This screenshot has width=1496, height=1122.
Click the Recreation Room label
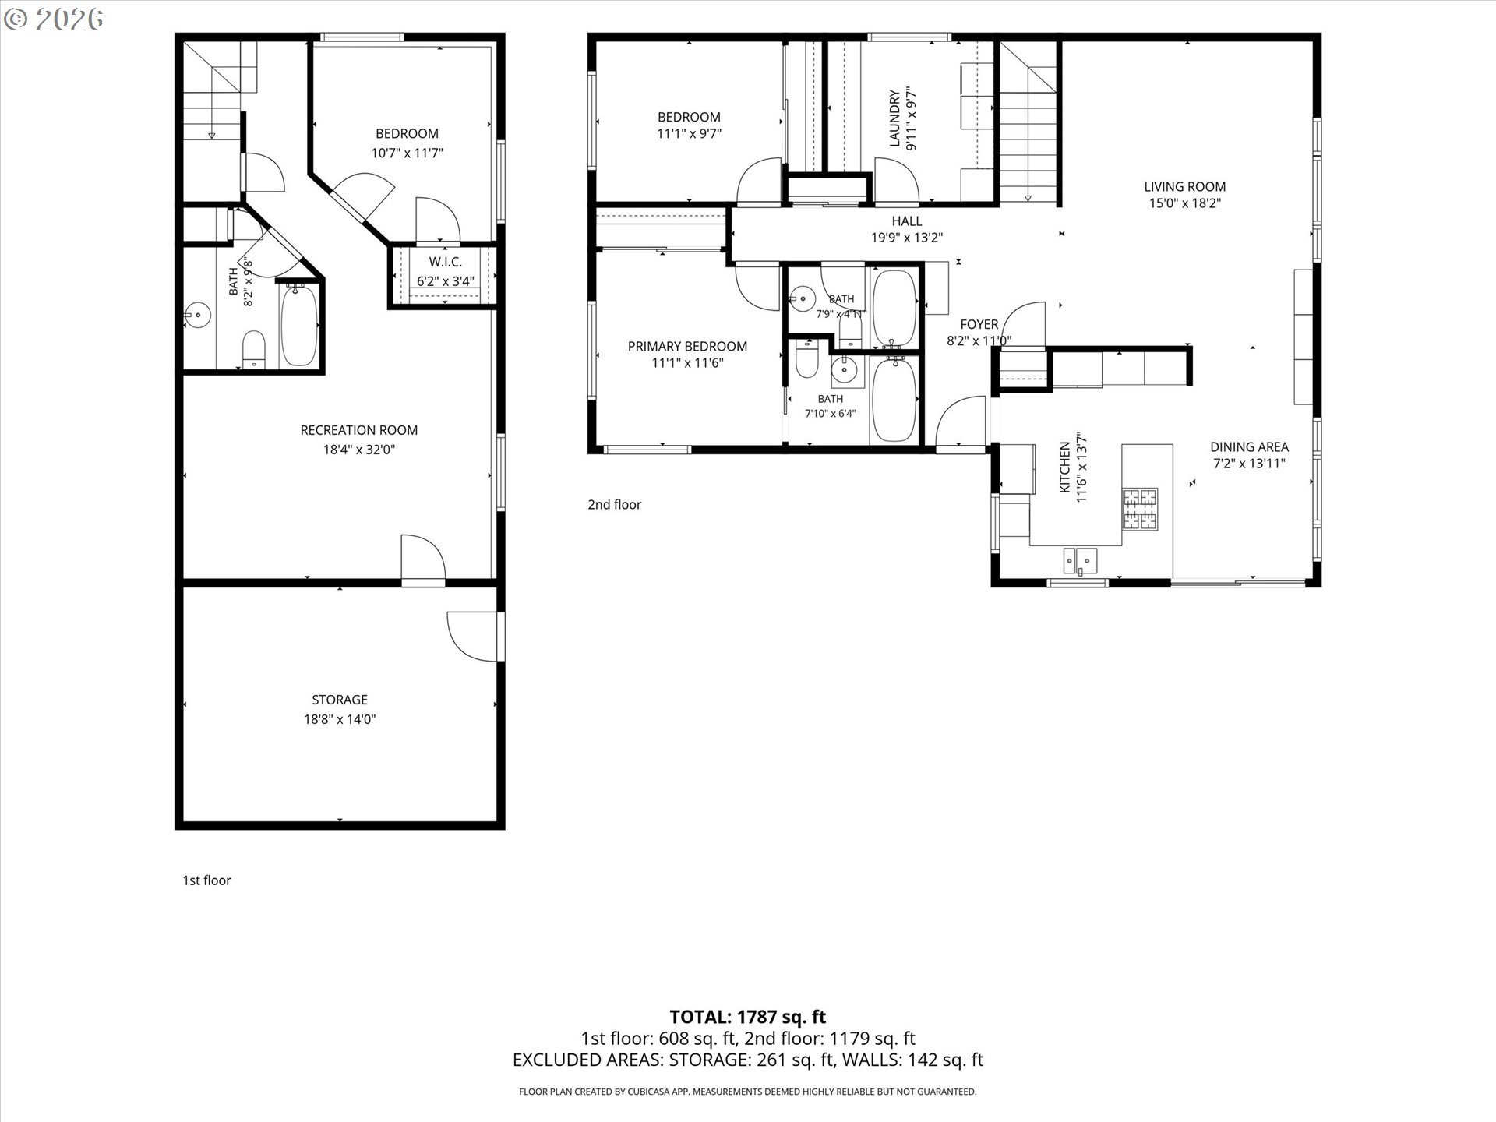click(359, 430)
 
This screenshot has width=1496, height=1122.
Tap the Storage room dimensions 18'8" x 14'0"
click(340, 719)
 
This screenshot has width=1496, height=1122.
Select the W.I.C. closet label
click(446, 263)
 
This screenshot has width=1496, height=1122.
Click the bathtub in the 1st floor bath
click(299, 325)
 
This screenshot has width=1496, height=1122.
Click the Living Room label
click(1185, 187)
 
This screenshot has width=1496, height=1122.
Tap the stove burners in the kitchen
click(1140, 509)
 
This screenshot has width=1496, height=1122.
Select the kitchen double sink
click(1081, 560)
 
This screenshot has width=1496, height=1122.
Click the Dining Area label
click(1249, 447)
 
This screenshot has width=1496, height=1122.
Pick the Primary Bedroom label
click(687, 347)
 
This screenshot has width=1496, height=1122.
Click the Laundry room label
click(894, 118)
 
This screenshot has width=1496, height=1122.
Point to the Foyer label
click(979, 324)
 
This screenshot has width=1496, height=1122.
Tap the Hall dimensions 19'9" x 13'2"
click(907, 238)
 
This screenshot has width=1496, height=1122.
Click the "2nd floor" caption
click(615, 505)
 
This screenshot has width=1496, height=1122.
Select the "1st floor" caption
click(206, 880)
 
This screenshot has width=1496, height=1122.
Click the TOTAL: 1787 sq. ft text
click(748, 1017)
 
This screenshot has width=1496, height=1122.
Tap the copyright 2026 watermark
click(53, 19)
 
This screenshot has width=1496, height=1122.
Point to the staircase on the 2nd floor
click(1028, 122)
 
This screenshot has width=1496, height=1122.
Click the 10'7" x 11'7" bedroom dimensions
click(407, 153)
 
